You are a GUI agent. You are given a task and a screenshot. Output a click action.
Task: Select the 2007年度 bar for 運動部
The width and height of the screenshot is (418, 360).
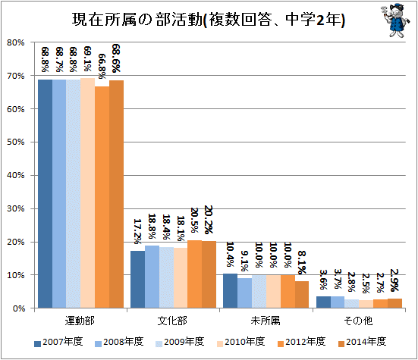point(45,194)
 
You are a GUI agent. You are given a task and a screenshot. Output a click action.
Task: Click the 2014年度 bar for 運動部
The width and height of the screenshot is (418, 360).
point(116,194)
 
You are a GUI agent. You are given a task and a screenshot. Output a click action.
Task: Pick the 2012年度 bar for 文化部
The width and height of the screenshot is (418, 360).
point(194,274)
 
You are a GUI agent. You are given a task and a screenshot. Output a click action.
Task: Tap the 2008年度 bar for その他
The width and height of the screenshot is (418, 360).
point(338,302)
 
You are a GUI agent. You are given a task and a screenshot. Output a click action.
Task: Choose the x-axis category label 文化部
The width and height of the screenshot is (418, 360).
point(173,321)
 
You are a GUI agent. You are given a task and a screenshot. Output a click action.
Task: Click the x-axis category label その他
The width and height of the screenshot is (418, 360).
point(358,321)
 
